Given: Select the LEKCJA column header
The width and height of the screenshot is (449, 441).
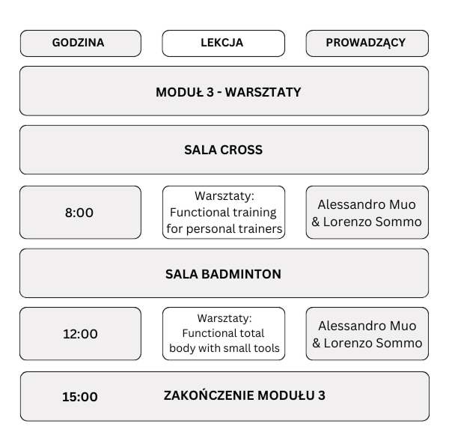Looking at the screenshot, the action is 222,43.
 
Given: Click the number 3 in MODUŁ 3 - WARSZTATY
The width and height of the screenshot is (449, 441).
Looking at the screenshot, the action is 210,92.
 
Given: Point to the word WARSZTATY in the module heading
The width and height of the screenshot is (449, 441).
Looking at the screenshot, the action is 263,92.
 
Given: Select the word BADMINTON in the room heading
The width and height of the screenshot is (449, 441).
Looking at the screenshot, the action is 242,274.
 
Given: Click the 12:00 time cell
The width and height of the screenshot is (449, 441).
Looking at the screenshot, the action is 80,334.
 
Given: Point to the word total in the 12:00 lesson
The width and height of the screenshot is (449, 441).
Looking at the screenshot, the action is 251,333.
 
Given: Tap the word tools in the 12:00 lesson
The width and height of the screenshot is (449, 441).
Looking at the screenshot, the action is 266,348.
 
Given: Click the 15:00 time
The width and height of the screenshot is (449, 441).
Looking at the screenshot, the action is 80,397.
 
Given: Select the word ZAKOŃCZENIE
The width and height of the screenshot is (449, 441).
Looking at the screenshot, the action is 209,395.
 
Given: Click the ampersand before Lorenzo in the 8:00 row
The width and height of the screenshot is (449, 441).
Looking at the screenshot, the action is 316,222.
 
